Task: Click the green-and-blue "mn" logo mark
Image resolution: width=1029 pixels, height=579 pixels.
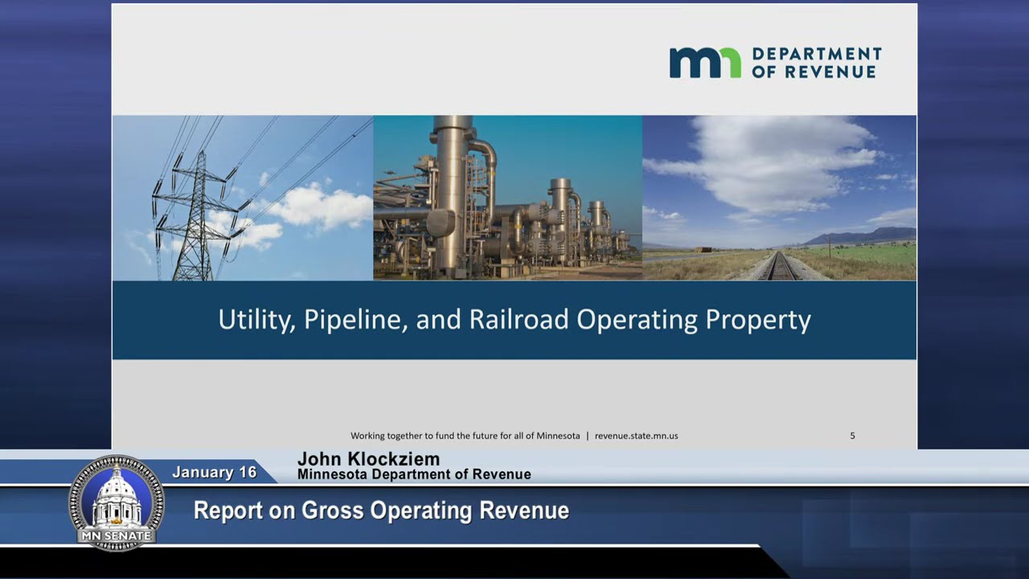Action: point(705,63)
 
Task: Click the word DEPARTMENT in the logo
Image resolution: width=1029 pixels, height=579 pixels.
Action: point(817,54)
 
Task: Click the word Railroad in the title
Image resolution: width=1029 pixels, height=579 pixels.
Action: point(519,319)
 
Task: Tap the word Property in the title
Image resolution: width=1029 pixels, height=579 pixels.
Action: point(758,321)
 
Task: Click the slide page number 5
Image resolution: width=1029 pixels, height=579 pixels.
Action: point(852,436)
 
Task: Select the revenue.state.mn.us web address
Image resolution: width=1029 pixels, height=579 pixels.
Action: point(636,436)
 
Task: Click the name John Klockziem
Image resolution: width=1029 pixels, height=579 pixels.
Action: point(368,459)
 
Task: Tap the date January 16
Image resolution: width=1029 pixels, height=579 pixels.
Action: point(215,472)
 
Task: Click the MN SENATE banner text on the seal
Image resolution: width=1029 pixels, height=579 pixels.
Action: point(117,536)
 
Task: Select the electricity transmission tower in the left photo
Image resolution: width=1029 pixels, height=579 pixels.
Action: point(197,216)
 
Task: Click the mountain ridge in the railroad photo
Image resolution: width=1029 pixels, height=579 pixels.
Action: point(860,236)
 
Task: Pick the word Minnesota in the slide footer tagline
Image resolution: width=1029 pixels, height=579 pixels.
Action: point(558,436)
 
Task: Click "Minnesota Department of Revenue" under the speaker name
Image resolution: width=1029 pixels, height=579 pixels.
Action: point(414,474)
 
